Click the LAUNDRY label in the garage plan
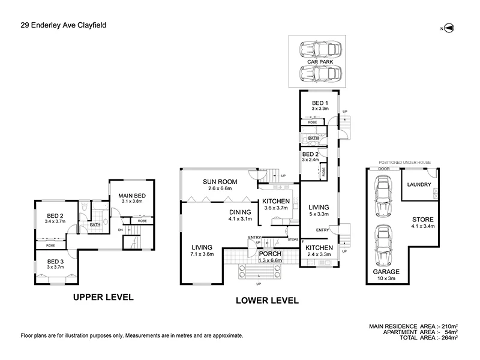pos(418,184)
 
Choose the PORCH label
pos(271,254)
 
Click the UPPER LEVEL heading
pos(103,296)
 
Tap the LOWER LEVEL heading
pos(267,301)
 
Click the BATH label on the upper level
pos(95,226)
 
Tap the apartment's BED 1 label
pos(320,103)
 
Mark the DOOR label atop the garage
pos(384,169)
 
